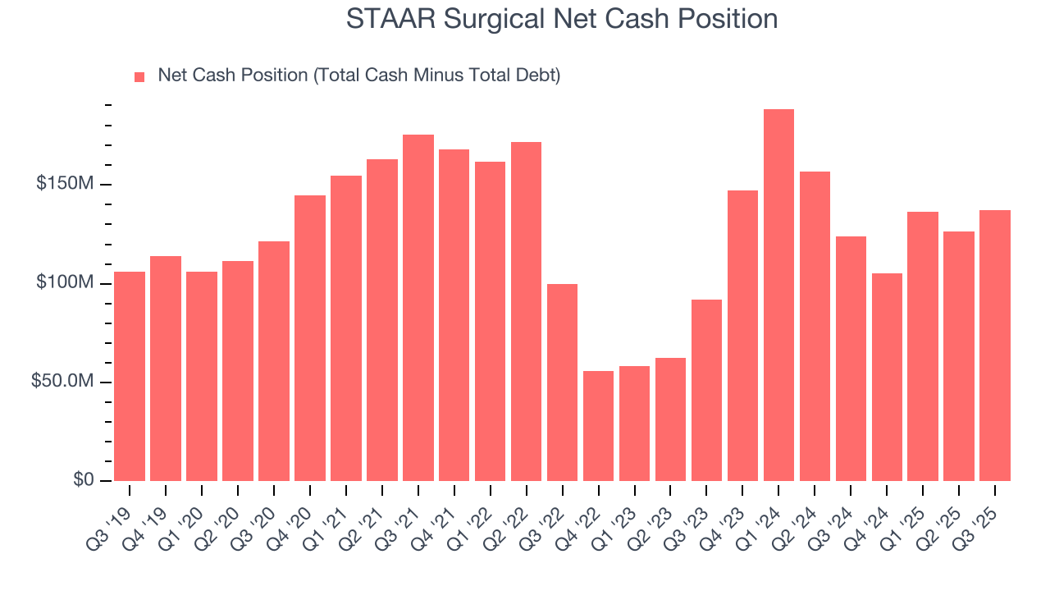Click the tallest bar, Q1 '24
tap(778, 295)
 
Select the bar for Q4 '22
tap(598, 426)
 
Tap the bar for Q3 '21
tap(418, 308)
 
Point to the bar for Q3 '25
tap(994, 346)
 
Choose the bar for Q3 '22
tap(562, 383)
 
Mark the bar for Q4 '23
tap(742, 336)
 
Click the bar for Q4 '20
tap(310, 338)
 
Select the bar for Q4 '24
tap(887, 377)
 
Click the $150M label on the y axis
tap(64, 184)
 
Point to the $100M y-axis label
tap(64, 283)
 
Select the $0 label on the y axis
tap(83, 480)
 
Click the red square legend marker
tap(139, 76)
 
